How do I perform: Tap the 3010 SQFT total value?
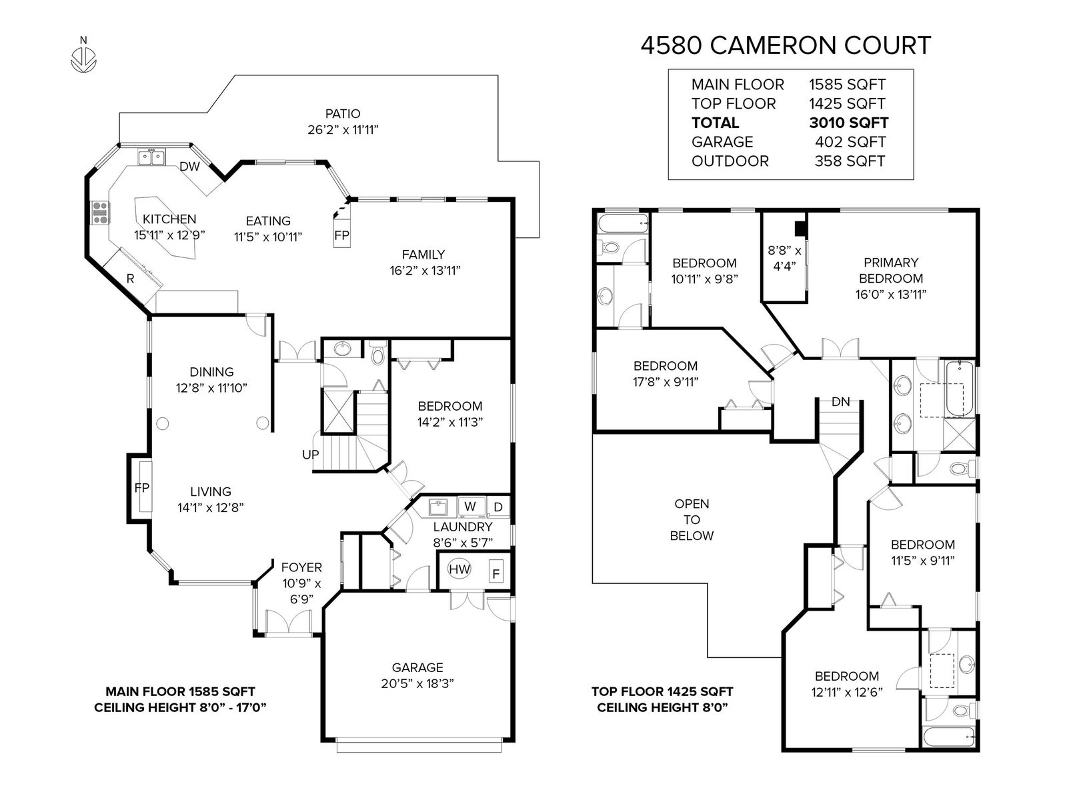[848, 123]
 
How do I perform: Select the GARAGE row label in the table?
[722, 142]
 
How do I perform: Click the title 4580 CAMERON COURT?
[786, 46]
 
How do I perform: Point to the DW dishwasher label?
[189, 167]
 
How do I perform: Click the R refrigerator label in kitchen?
[131, 279]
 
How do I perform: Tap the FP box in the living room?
[141, 487]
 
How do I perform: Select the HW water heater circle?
[459, 569]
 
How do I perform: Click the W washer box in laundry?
[470, 506]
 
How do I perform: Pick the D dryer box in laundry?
[498, 507]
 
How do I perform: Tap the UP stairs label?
[310, 454]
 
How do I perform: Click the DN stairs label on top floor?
[840, 401]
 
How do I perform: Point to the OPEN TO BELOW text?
[692, 519]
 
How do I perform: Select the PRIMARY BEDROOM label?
[890, 270]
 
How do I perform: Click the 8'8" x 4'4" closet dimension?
[784, 258]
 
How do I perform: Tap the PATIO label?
[343, 113]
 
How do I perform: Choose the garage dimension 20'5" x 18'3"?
[417, 683]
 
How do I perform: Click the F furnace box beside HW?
[495, 573]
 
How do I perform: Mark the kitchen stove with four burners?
[99, 212]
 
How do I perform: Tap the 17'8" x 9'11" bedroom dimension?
[666, 382]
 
